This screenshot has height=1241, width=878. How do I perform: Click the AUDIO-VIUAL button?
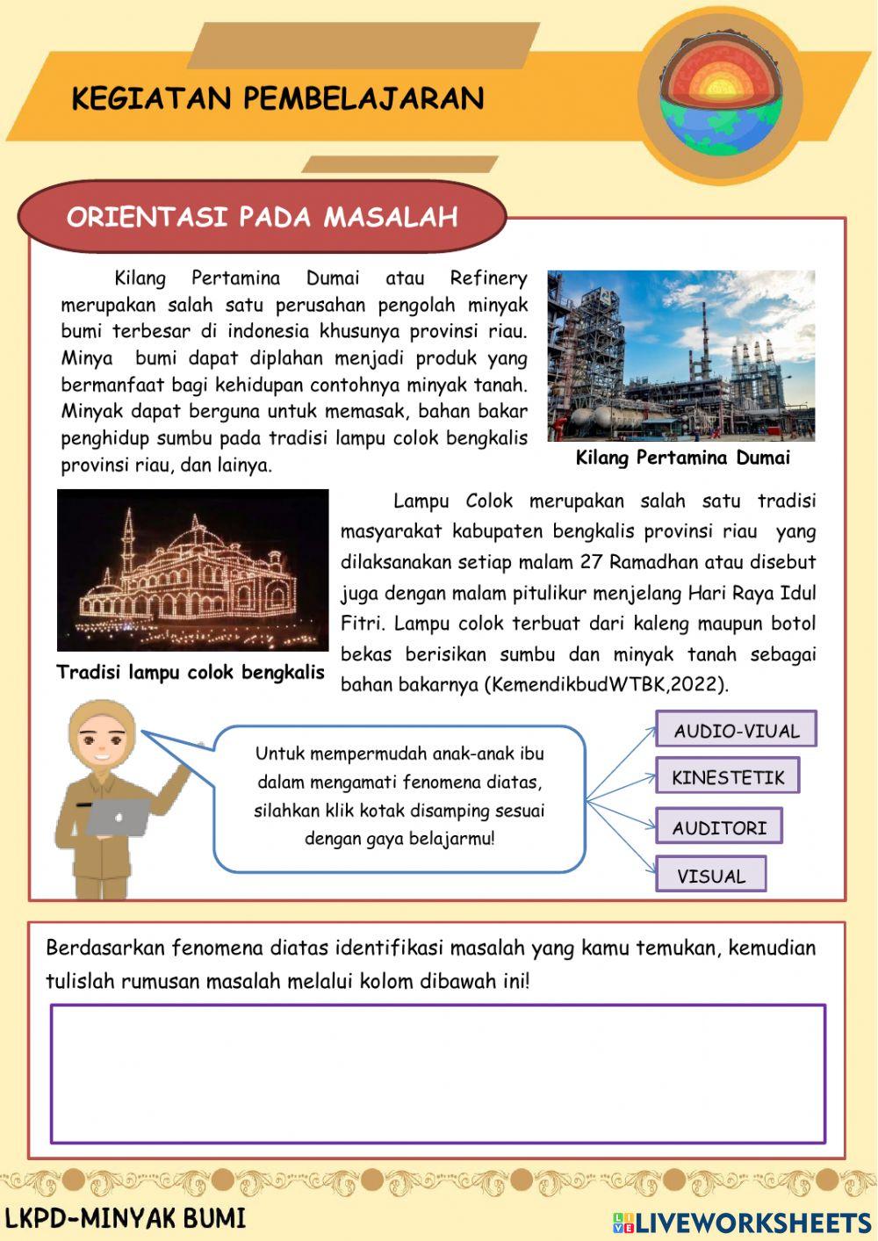(x=736, y=730)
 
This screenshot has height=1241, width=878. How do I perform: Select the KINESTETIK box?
(x=727, y=776)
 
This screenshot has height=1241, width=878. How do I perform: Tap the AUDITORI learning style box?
(x=718, y=827)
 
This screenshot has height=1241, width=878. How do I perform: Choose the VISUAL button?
(x=710, y=876)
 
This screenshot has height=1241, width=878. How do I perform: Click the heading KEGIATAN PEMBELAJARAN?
(x=277, y=98)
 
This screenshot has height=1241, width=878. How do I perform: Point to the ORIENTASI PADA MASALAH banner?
(x=262, y=217)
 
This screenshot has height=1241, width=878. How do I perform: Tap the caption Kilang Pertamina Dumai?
(x=682, y=458)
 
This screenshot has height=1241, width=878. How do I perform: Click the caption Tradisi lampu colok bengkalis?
(x=191, y=673)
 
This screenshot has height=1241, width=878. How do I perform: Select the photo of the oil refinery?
(x=681, y=356)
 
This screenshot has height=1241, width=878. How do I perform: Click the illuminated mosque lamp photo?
(x=192, y=570)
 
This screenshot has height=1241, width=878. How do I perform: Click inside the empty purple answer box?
(x=437, y=1073)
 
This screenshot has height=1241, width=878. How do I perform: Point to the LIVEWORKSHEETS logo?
(x=742, y=1222)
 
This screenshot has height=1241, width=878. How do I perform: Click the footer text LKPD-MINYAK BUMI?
(x=125, y=1219)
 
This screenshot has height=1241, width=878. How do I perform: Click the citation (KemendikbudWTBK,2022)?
(x=606, y=685)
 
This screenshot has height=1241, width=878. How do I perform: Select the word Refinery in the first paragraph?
(x=488, y=278)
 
